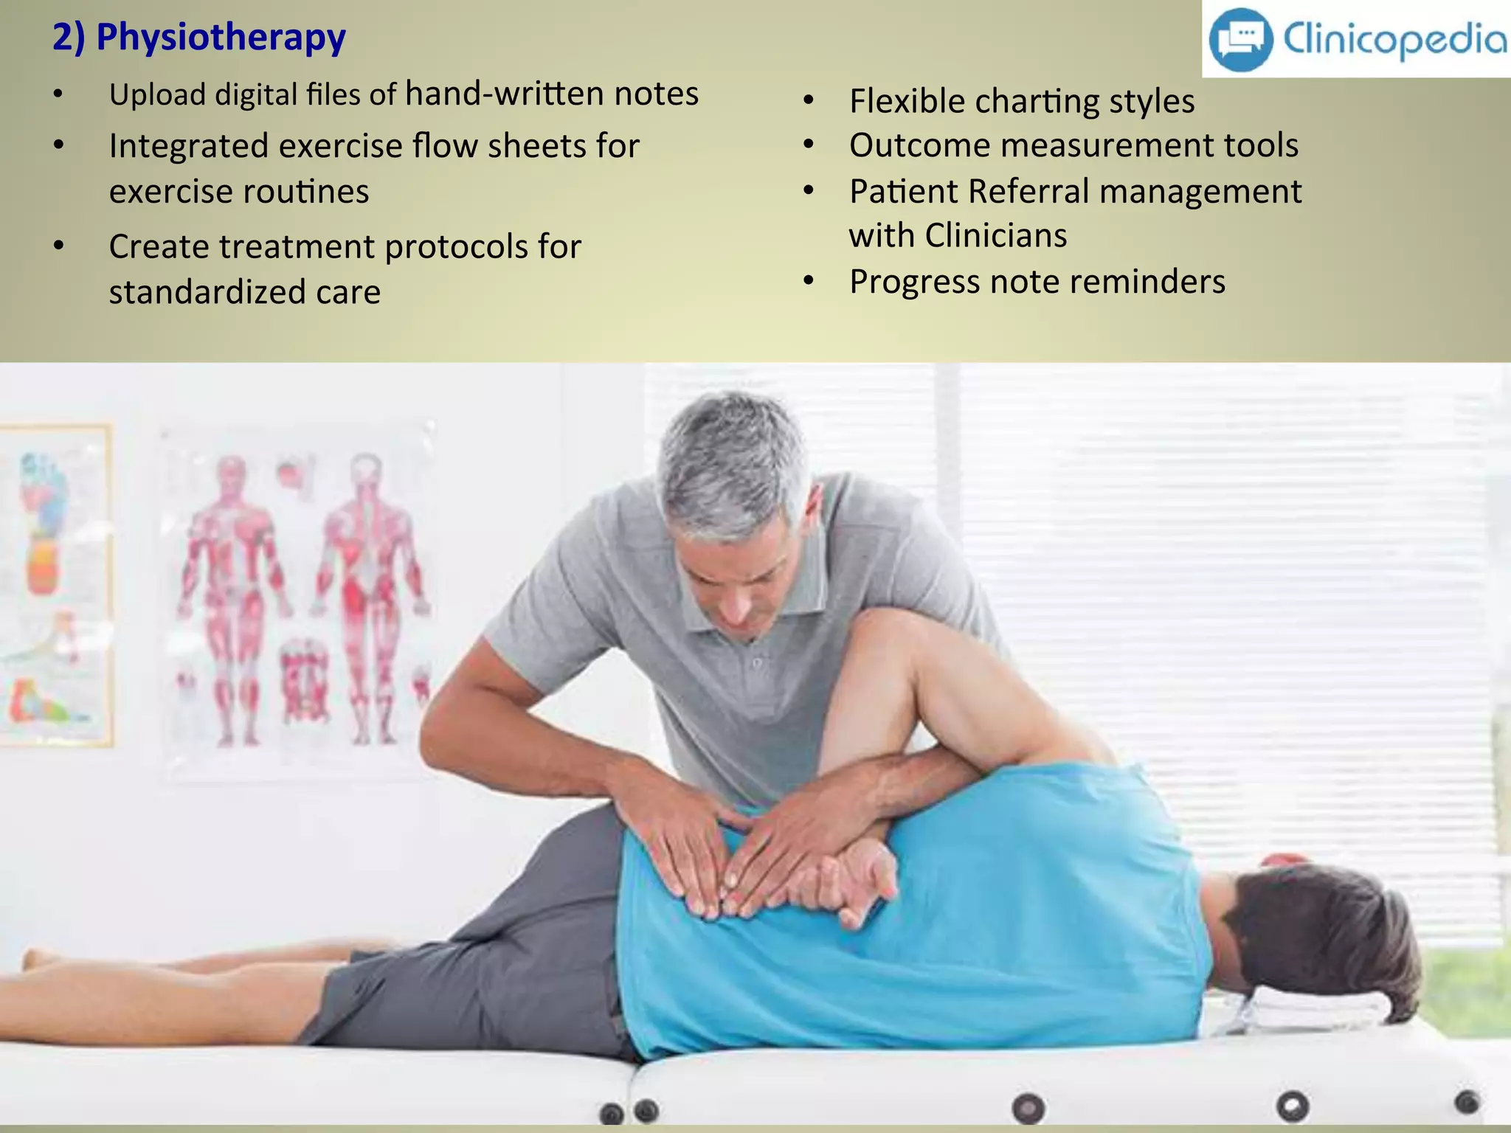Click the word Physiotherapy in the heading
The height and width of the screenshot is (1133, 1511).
pyautogui.click(x=221, y=38)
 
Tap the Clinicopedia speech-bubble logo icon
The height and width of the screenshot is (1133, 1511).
pyautogui.click(x=1240, y=39)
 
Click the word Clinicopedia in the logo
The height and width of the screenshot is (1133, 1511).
pyautogui.click(x=1394, y=38)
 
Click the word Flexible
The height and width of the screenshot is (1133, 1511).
pyautogui.click(x=905, y=101)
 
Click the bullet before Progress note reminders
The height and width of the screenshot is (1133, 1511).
pyautogui.click(x=809, y=281)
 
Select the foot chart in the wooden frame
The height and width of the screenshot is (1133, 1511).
pyautogui.click(x=52, y=583)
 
